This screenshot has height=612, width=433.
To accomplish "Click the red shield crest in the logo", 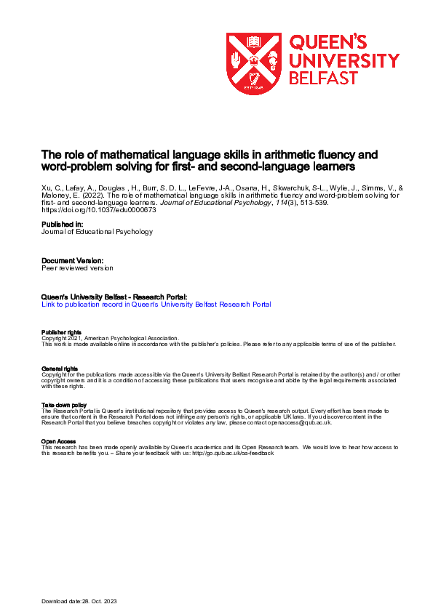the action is tap(254, 64).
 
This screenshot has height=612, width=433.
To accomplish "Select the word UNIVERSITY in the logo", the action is tap(344, 60).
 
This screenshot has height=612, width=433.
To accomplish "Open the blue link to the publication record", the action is tap(156, 305).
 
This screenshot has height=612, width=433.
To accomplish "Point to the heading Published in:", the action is tap(63, 225).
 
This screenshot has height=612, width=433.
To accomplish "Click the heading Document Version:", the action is tap(72, 260).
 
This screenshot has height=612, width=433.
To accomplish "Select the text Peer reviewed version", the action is tap(77, 267).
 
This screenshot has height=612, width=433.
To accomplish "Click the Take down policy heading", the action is tap(63, 405).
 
